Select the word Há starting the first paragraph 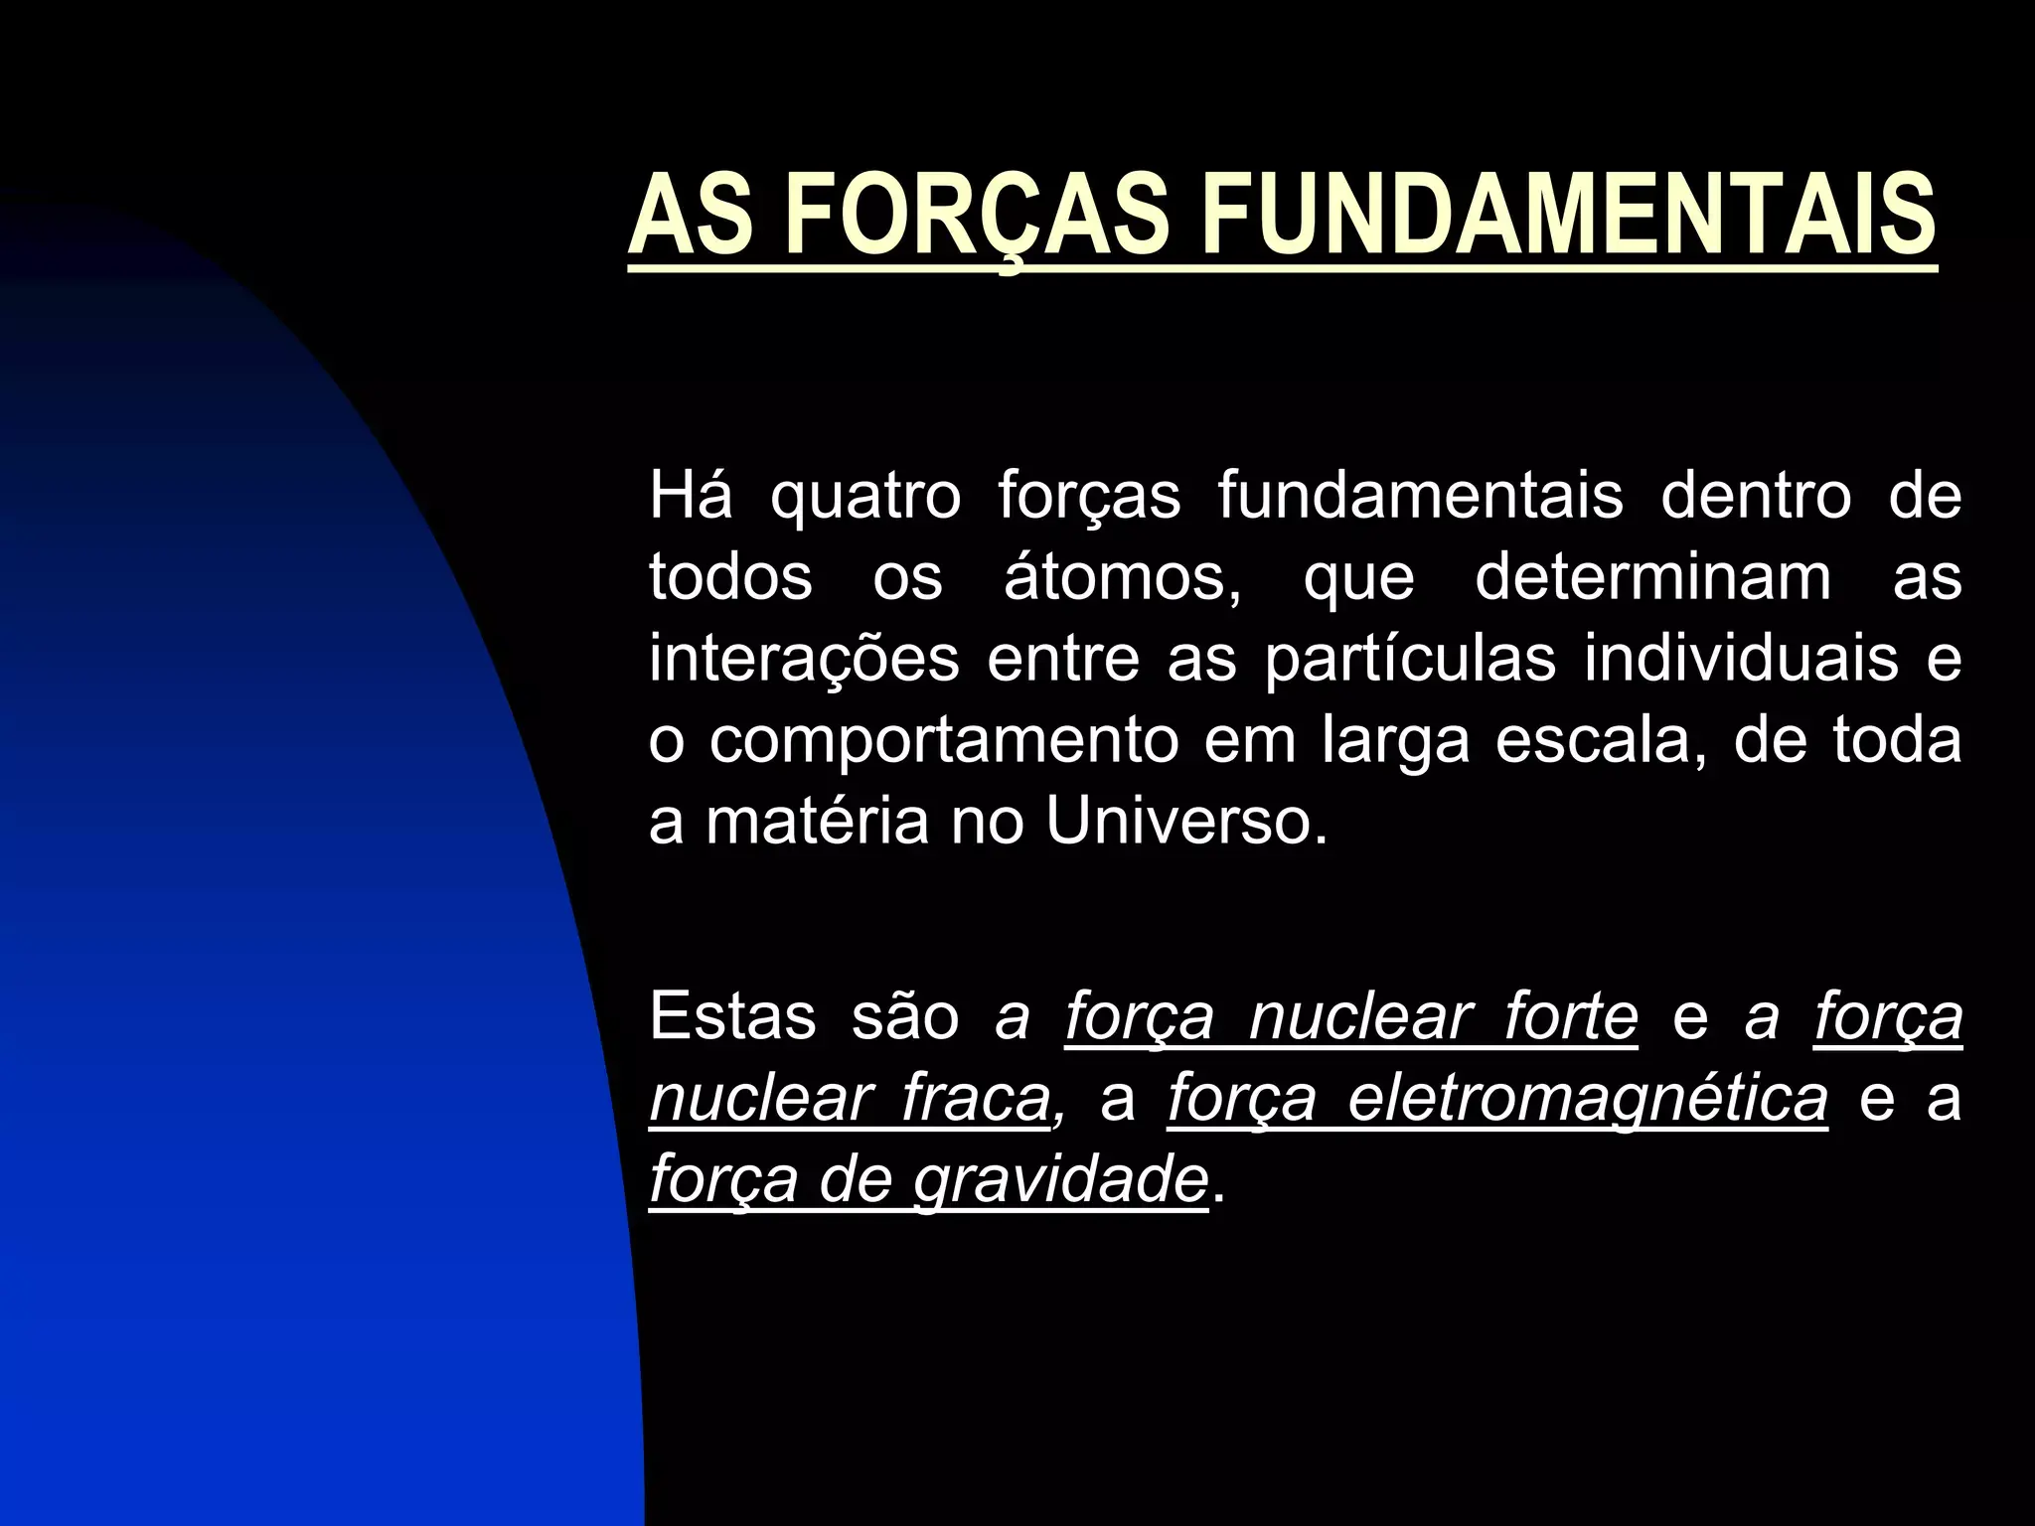[691, 496]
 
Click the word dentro [1756, 496]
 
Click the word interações [804, 660]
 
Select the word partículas [1410, 660]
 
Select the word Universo [1185, 823]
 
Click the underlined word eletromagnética [1497, 1101]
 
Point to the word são [905, 1018]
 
